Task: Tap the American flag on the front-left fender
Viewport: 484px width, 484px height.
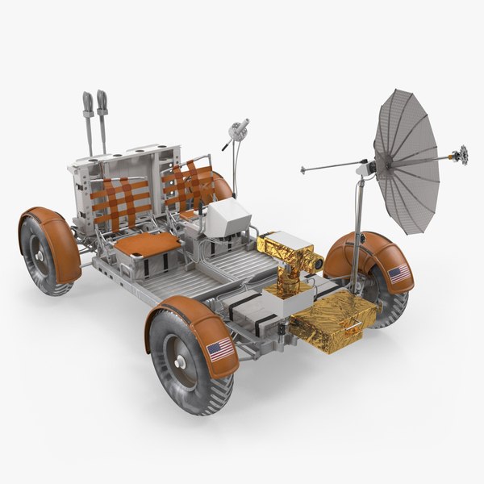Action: [219, 350]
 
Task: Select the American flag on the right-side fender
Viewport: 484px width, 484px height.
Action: [398, 274]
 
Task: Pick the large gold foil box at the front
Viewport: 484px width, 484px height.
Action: [332, 316]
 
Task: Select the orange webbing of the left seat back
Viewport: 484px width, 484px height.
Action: [118, 201]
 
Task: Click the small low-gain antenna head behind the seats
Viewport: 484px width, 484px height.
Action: [239, 129]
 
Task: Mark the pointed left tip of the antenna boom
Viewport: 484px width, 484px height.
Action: [302, 170]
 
